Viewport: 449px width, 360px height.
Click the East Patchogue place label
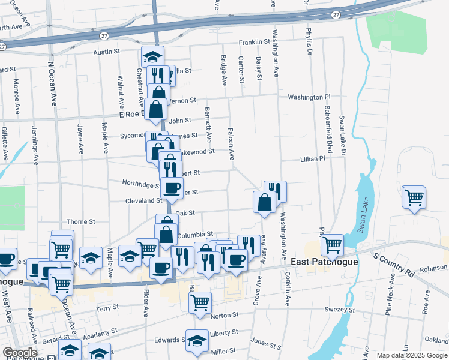pyautogui.click(x=325, y=262)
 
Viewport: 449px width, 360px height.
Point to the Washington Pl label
pyautogui.click(x=309, y=97)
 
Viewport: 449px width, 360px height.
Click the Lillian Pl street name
pyautogui.click(x=312, y=159)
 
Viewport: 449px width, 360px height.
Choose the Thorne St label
pyautogui.click(x=81, y=221)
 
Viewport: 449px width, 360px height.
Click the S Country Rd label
pyautogui.click(x=394, y=265)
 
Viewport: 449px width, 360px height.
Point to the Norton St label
pyautogui.click(x=224, y=314)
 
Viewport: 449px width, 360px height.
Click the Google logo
pyautogui.click(x=19, y=353)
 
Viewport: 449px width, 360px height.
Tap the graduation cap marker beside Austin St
pyautogui.click(x=153, y=57)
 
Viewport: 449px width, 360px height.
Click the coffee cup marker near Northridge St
pyautogui.click(x=172, y=188)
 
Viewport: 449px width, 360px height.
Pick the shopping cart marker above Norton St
pyautogui.click(x=200, y=302)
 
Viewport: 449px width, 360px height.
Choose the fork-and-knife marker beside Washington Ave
pyautogui.click(x=275, y=191)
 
